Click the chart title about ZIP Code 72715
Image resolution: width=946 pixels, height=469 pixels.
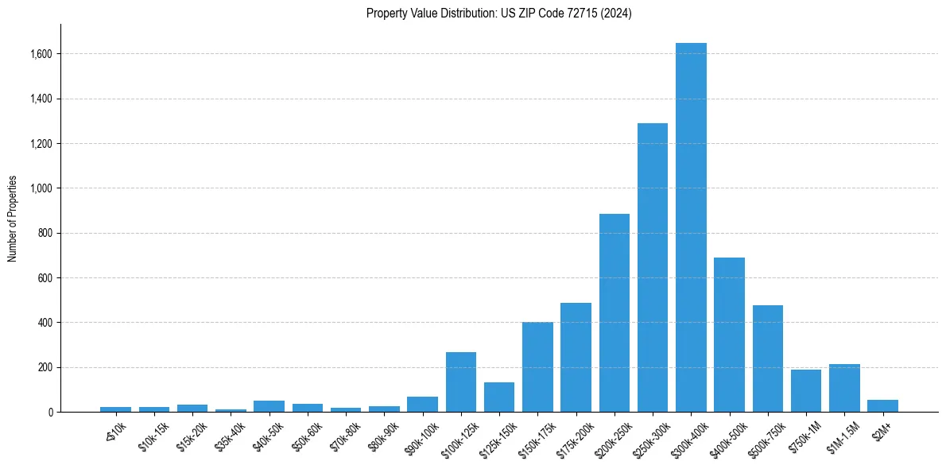(498, 14)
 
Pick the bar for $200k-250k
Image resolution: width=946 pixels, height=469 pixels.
(615, 313)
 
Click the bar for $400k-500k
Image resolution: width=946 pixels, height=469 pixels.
(729, 335)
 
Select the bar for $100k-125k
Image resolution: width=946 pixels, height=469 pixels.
(461, 382)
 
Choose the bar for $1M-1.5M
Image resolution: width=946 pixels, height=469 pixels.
(844, 388)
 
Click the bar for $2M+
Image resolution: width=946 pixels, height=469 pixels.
(882, 406)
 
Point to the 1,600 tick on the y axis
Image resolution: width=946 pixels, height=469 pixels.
(41, 54)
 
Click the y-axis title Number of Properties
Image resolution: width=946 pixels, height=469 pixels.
(13, 219)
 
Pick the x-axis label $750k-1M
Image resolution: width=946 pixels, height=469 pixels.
(804, 434)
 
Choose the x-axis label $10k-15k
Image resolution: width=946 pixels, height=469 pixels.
(153, 433)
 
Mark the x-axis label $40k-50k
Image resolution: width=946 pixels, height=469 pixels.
(268, 433)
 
